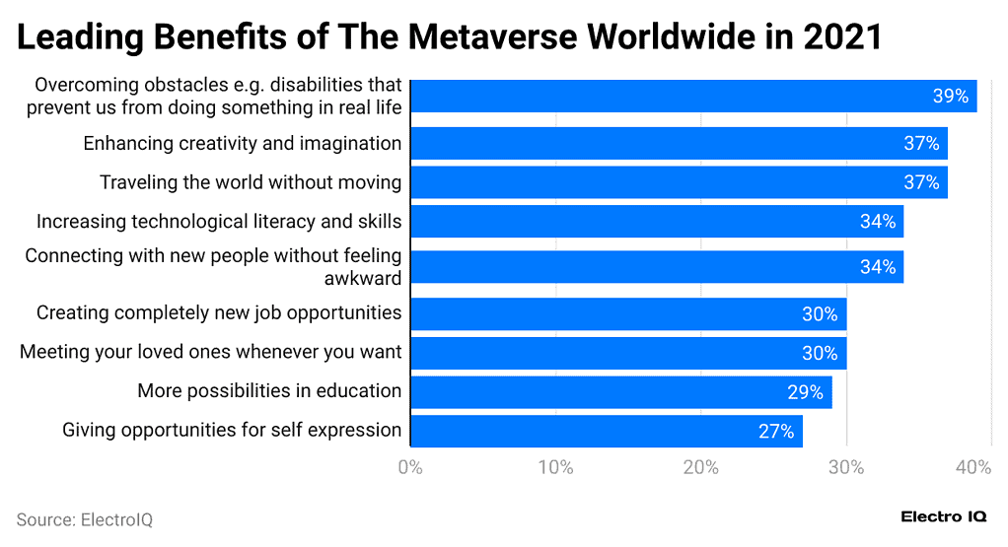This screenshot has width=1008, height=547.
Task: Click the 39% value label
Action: click(950, 96)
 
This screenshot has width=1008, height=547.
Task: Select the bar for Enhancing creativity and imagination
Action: click(678, 143)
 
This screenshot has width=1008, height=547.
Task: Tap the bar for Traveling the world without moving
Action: click(678, 182)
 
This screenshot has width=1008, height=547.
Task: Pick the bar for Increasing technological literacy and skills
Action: click(656, 222)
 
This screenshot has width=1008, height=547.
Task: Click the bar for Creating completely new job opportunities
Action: click(627, 314)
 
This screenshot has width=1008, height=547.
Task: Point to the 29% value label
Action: click(805, 392)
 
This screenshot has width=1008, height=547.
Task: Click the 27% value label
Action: click(776, 431)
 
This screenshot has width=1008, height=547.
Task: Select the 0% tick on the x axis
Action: click(410, 467)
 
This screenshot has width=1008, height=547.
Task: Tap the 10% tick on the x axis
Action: click(556, 467)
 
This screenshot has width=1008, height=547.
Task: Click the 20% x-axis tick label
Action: click(701, 467)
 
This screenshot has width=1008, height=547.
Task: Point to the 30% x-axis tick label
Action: click(846, 467)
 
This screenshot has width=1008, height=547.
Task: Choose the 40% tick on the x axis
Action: click(972, 467)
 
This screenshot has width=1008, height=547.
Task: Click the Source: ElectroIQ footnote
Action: click(84, 519)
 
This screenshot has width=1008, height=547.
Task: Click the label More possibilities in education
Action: click(269, 391)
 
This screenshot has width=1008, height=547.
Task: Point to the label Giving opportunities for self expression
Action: click(232, 430)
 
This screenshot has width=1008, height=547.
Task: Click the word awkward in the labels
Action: click(363, 278)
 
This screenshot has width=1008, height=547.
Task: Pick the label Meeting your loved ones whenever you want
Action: click(210, 352)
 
